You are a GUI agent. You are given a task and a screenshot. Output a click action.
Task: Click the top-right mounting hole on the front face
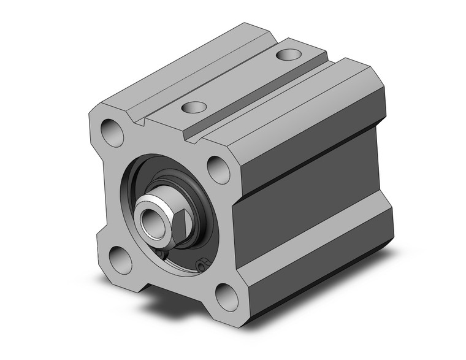[x=217, y=168]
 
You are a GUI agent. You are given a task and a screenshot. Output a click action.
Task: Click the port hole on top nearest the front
[x=194, y=108]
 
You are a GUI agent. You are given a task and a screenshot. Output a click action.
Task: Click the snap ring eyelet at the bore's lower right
[x=201, y=265]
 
